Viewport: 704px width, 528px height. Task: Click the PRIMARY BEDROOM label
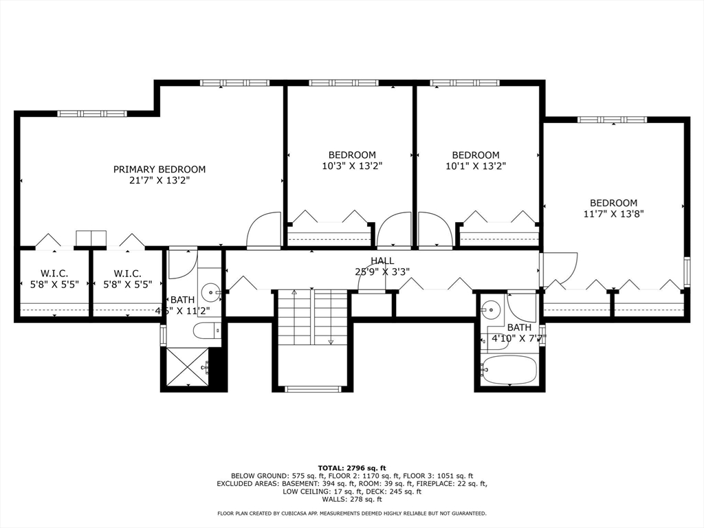pyautogui.click(x=159, y=169)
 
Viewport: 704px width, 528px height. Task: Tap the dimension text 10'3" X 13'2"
pyautogui.click(x=352, y=166)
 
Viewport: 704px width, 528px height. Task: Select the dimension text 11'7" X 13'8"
pyautogui.click(x=613, y=214)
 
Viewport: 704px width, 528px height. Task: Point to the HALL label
pyautogui.click(x=382, y=261)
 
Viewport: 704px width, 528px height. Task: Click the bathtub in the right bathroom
pyautogui.click(x=509, y=370)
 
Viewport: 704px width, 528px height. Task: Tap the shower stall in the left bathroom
pyautogui.click(x=187, y=368)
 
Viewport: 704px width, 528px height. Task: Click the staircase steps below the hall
pyautogui.click(x=313, y=318)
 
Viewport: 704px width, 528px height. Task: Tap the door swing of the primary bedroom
pyautogui.click(x=264, y=231)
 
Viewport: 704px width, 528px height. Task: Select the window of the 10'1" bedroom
pyautogui.click(x=465, y=83)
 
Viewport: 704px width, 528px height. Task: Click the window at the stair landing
pyautogui.click(x=313, y=389)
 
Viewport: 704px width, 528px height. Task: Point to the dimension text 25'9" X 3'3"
pyautogui.click(x=382, y=271)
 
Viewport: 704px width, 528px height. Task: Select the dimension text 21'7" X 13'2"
pyautogui.click(x=159, y=180)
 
